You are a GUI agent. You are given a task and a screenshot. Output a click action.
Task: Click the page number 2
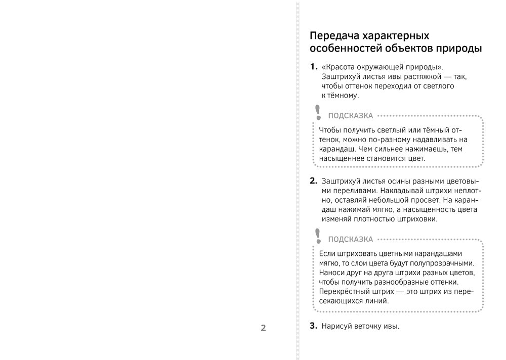pos(263,328)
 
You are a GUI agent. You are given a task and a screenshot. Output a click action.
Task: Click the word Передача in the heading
pos(334,36)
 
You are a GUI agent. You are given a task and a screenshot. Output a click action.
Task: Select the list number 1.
pos(313,67)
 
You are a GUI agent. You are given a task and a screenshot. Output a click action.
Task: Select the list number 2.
pos(313,181)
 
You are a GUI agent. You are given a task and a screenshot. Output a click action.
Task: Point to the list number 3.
pos(313,326)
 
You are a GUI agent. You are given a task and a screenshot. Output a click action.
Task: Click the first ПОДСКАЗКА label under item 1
pos(351,115)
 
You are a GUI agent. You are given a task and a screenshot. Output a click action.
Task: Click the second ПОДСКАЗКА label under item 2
pos(351,239)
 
